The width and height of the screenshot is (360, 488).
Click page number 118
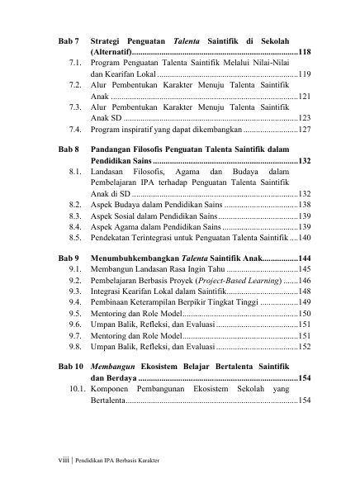tap(304, 51)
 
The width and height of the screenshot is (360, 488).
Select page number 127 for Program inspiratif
tap(304, 130)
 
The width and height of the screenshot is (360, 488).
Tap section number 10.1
tap(77, 388)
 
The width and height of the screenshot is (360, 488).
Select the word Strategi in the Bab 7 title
tap(109, 40)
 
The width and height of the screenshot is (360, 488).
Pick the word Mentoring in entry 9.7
tap(111, 336)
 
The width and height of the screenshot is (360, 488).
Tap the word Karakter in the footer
tap(144, 461)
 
